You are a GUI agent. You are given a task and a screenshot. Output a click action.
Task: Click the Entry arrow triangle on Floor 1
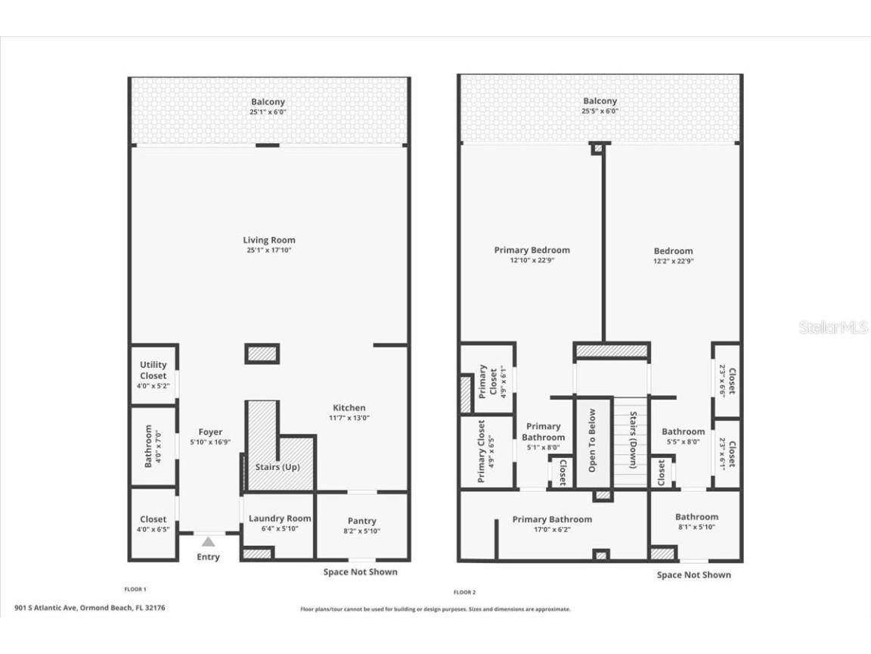point(208,541)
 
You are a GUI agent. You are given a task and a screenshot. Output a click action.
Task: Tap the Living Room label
point(268,240)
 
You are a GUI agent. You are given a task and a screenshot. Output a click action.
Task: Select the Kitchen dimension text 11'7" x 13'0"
point(349,418)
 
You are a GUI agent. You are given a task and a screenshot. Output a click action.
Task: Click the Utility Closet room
point(153,375)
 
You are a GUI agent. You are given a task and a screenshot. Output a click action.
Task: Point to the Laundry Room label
point(279,519)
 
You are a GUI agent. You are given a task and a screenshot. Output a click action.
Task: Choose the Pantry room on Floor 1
point(361,525)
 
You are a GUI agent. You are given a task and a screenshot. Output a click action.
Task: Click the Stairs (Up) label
point(279,467)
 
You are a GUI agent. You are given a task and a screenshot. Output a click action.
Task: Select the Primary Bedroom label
point(532,250)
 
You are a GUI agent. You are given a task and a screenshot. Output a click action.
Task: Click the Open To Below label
point(592,441)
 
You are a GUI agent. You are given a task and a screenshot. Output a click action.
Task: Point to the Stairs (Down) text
point(634,441)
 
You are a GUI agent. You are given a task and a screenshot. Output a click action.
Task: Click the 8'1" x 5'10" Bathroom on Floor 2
point(696,522)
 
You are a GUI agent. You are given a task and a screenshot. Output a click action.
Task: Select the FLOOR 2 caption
point(464,592)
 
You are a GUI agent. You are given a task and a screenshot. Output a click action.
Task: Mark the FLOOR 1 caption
point(135,588)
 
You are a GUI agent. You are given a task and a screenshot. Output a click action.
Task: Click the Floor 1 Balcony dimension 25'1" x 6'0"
point(268,112)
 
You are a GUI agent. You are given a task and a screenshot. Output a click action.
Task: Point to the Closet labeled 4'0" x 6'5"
point(153,524)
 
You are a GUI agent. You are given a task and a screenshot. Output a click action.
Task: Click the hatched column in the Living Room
point(262,353)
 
